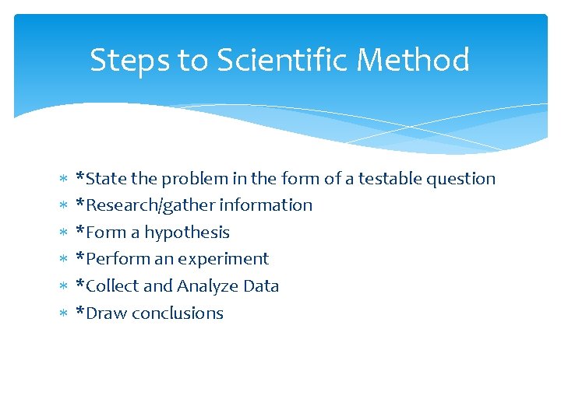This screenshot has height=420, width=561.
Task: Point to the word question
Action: [460, 180]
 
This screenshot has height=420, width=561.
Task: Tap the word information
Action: [266, 205]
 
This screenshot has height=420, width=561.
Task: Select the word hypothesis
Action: [187, 233]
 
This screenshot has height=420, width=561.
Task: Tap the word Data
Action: [261, 286]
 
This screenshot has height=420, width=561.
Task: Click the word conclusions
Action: [178, 313]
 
